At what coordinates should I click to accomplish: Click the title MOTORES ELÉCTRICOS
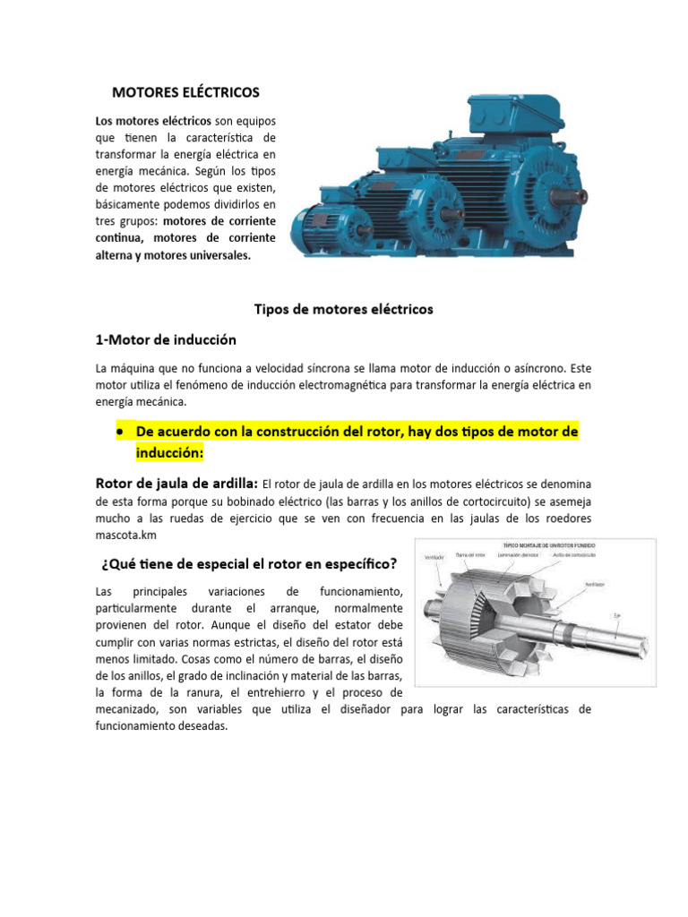[185, 92]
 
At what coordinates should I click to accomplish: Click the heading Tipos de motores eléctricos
[344, 309]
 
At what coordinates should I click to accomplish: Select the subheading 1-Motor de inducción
[166, 340]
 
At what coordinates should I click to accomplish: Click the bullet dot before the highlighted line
[119, 432]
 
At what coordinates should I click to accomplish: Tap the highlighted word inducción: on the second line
[170, 454]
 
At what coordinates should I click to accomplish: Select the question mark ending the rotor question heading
[394, 564]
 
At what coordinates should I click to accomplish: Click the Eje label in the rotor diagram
[618, 614]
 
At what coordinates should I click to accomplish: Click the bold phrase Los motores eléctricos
[153, 121]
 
